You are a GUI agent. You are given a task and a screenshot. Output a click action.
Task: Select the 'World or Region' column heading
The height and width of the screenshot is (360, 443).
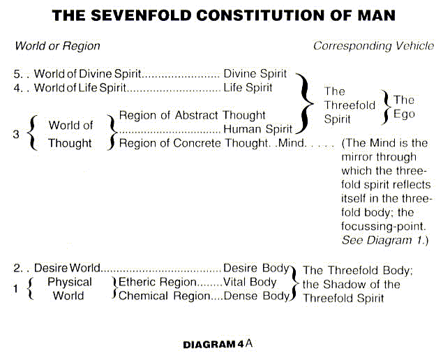coord(57,46)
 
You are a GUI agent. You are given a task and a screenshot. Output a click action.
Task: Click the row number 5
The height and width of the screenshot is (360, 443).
coord(17,74)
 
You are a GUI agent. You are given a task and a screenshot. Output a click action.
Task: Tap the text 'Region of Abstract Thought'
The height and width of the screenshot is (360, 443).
coord(192,115)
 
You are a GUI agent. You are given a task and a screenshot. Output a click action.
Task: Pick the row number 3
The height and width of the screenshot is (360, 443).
coord(16,135)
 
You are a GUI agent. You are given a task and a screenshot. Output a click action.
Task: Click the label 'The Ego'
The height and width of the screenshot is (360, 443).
coord(404,105)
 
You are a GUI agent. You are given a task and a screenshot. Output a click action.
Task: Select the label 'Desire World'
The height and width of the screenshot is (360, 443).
coord(67,268)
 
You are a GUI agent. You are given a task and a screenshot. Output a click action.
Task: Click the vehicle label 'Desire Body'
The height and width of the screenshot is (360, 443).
coord(256,268)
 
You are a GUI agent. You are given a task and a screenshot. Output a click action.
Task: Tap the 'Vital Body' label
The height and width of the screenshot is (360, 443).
coord(250,282)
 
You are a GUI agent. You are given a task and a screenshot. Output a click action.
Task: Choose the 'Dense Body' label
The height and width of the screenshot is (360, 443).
coord(256,296)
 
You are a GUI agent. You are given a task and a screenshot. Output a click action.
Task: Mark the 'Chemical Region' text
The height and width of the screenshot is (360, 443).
coord(164,296)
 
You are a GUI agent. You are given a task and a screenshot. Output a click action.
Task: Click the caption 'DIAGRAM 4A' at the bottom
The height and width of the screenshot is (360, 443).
coord(218,344)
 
